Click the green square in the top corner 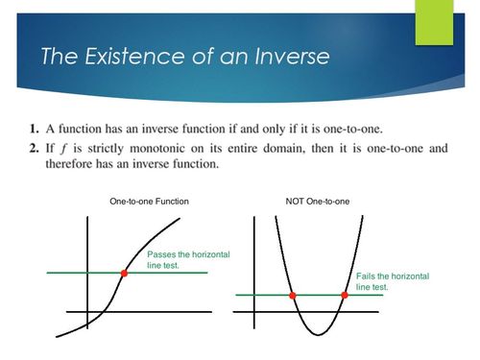[433, 21]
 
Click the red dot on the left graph [124, 274]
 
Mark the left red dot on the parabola [292, 295]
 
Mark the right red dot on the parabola [344, 295]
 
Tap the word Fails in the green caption [367, 276]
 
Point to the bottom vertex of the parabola [318, 334]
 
